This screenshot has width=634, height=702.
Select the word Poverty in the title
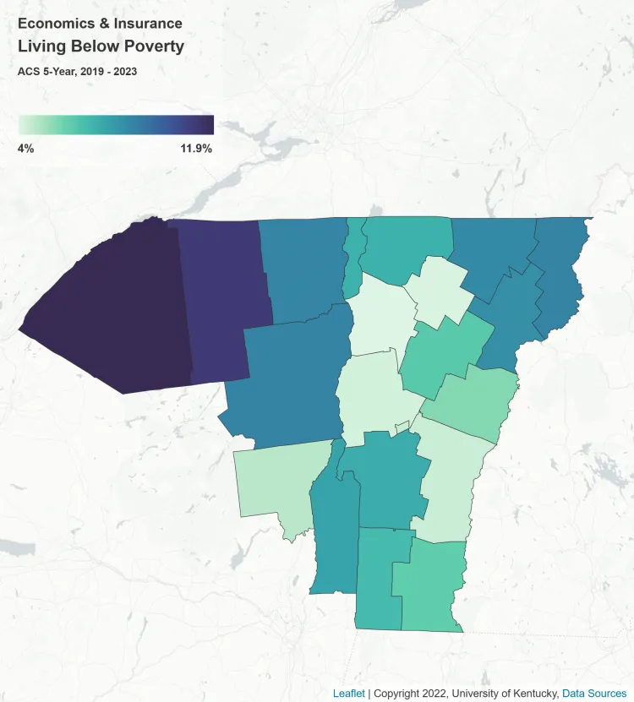point(153,46)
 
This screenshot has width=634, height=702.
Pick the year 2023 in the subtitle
point(123,72)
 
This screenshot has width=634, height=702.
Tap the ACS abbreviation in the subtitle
point(28,72)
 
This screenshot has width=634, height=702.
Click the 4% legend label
point(25,149)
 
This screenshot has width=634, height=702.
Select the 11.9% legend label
point(195,149)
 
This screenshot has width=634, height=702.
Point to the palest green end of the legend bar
point(22,125)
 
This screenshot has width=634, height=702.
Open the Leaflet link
point(348,694)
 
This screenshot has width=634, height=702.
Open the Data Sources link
point(596,694)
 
